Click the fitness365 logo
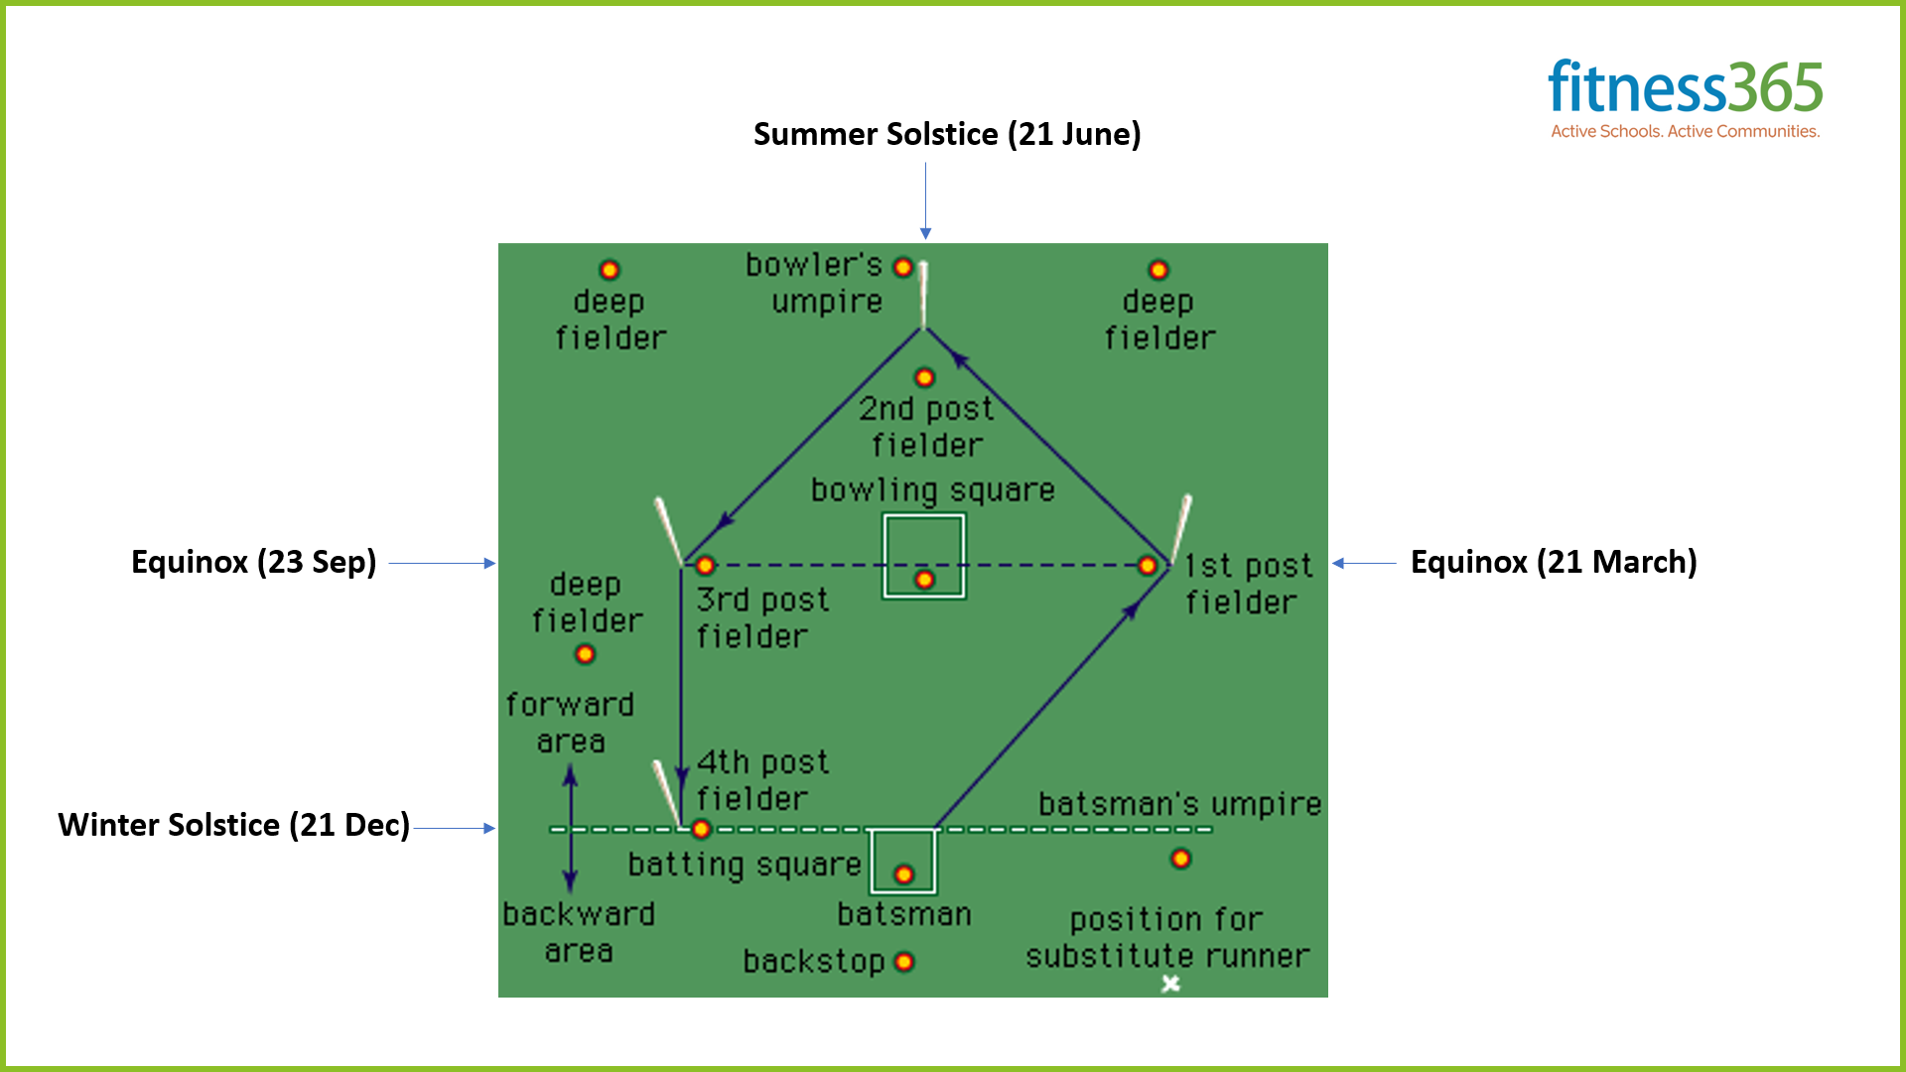pyautogui.click(x=1685, y=87)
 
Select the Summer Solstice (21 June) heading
pyautogui.click(x=947, y=134)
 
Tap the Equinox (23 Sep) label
pyautogui.click(x=254, y=562)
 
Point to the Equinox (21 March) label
pyautogui.click(x=1554, y=562)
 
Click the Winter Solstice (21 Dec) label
pyautogui.click(x=234, y=825)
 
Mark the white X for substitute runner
pyautogui.click(x=1171, y=983)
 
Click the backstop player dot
pyautogui.click(x=904, y=961)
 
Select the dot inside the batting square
pyautogui.click(x=903, y=874)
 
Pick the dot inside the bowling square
pyautogui.click(x=924, y=579)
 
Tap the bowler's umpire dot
pyautogui.click(x=902, y=267)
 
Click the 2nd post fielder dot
pyautogui.click(x=924, y=377)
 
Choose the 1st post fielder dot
pyautogui.click(x=1148, y=565)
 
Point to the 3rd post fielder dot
pyautogui.click(x=705, y=565)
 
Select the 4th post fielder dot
pyautogui.click(x=701, y=828)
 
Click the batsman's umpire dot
pyautogui.click(x=1180, y=859)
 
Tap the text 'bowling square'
pyautogui.click(x=932, y=490)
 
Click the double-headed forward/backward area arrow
pyautogui.click(x=570, y=829)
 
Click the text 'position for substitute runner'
pyautogui.click(x=1167, y=938)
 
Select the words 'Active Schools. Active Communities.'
pyautogui.click(x=1685, y=131)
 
